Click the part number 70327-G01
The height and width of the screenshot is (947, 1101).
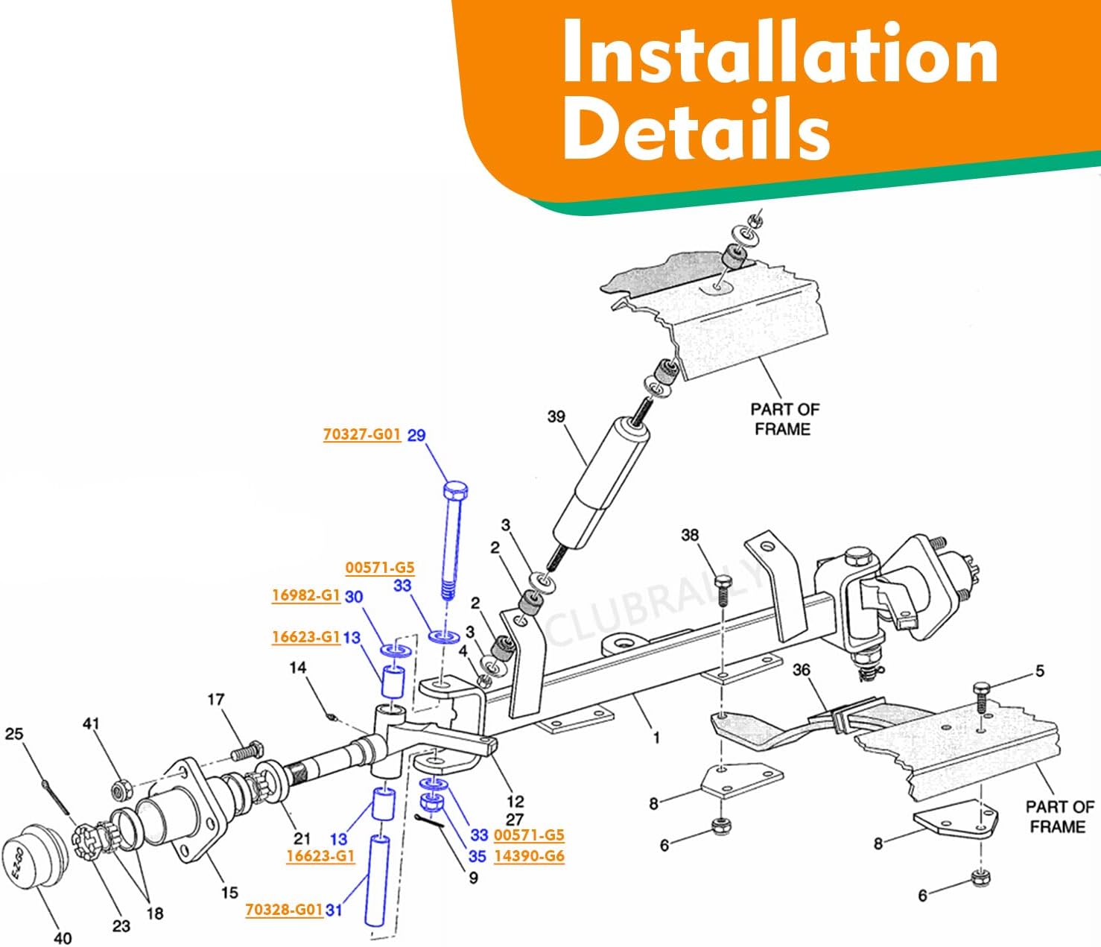(361, 434)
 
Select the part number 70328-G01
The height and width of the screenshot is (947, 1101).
(284, 909)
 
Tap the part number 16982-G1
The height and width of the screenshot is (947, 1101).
(305, 595)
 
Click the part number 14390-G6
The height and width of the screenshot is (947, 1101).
(529, 856)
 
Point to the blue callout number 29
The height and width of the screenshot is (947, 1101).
(416, 434)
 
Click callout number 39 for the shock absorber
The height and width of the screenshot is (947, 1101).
(556, 417)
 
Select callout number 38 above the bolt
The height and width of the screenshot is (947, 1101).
(690, 535)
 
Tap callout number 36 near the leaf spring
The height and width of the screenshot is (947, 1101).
(801, 670)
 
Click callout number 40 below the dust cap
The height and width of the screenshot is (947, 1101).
(63, 937)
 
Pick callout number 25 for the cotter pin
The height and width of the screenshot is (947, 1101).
(14, 734)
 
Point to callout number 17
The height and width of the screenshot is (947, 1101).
(215, 699)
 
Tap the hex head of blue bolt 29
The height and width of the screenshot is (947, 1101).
(455, 491)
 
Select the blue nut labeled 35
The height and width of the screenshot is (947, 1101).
(432, 803)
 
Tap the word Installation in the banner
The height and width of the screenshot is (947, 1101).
(779, 54)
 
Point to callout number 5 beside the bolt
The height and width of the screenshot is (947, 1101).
(1040, 671)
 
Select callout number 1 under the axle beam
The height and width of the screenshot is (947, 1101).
(656, 738)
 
